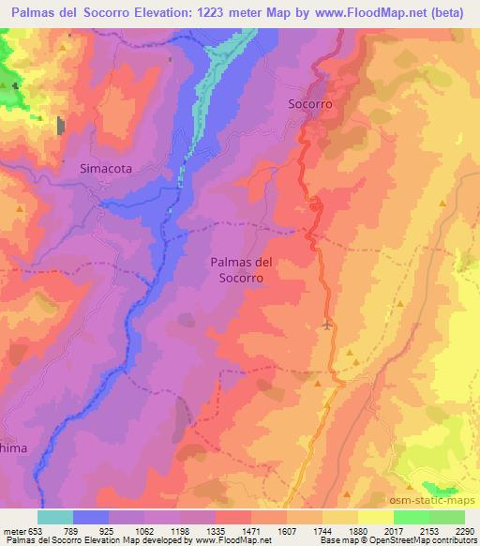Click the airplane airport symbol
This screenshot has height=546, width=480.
coord(326,326)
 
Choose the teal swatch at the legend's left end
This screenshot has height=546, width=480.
coord(54,516)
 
